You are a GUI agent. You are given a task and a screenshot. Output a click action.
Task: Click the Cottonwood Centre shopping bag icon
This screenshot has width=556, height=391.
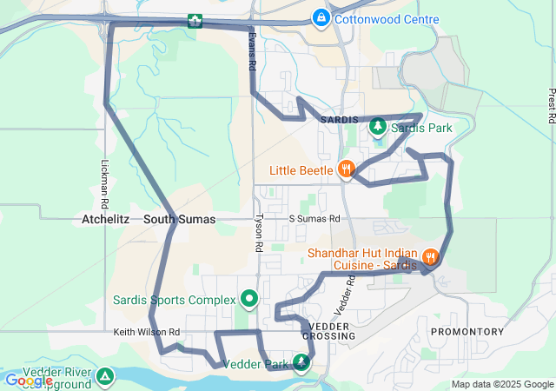(321, 17)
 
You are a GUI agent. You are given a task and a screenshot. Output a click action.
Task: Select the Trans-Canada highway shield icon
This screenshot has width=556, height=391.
(195, 21)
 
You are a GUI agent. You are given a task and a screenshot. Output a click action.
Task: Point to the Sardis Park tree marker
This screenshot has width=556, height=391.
(378, 128)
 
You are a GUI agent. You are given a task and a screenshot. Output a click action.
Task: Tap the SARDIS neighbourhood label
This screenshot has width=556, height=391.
(339, 118)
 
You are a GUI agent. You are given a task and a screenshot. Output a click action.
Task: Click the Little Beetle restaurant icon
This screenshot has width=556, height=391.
(346, 169)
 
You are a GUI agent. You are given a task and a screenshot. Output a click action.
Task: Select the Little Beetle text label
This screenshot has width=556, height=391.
(300, 169)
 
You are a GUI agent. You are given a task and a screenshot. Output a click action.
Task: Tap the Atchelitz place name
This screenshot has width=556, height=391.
(105, 220)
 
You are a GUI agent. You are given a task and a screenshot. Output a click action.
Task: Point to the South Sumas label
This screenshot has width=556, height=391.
(179, 220)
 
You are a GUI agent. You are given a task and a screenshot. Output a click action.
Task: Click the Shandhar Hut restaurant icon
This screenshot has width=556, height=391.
(430, 258)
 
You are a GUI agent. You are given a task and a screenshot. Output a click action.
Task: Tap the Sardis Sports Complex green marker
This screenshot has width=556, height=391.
(250, 300)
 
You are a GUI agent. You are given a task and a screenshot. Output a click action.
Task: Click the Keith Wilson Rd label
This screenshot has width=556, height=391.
(146, 332)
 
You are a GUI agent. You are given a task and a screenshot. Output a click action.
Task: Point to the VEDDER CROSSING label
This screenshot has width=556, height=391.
(329, 330)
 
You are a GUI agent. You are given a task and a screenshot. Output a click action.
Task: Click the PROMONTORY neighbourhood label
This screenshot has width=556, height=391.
(467, 332)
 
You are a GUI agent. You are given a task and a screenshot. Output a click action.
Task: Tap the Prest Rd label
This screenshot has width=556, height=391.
(551, 106)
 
